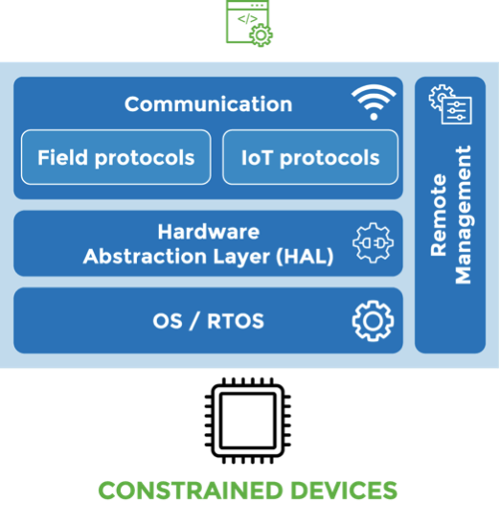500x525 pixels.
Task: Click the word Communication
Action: pyautogui.click(x=208, y=103)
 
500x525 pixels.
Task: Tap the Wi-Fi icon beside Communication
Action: pyautogui.click(x=374, y=102)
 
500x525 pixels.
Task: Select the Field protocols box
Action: pyautogui.click(x=116, y=157)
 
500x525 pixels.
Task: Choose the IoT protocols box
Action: pyautogui.click(x=310, y=157)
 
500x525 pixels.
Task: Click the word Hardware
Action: pyautogui.click(x=208, y=232)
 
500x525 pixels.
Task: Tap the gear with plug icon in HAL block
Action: pyautogui.click(x=373, y=242)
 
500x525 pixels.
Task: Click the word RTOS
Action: pyautogui.click(x=236, y=321)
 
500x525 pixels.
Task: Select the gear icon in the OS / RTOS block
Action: pyautogui.click(x=373, y=321)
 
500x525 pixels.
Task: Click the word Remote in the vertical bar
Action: pyautogui.click(x=439, y=215)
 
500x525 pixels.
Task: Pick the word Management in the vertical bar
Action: pyautogui.click(x=464, y=215)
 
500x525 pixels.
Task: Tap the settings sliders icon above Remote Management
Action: pyautogui.click(x=450, y=104)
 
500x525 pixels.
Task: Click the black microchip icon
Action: pyautogui.click(x=248, y=421)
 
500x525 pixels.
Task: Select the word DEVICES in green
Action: pyautogui.click(x=344, y=491)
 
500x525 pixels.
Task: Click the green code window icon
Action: pyautogui.click(x=249, y=23)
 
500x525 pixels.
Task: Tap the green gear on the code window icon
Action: pyautogui.click(x=261, y=34)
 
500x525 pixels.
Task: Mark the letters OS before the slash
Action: pyautogui.click(x=168, y=321)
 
